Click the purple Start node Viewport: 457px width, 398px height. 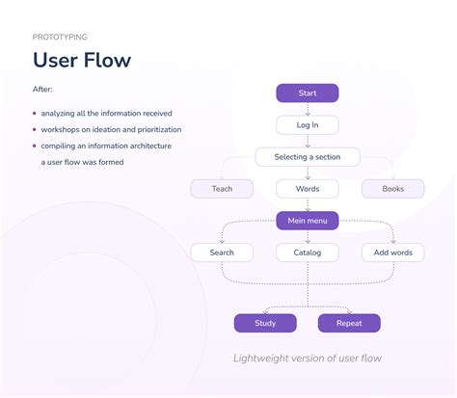click(308, 93)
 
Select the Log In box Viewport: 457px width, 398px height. click(308, 124)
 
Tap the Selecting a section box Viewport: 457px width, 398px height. click(308, 156)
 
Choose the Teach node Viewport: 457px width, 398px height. click(222, 189)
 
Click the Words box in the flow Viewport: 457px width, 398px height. click(308, 189)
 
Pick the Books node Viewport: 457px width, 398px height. click(392, 189)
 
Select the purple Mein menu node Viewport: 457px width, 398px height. click(308, 221)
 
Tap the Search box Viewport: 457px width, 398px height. click(222, 252)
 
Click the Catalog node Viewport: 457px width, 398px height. click(308, 252)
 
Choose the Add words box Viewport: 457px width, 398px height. click(392, 252)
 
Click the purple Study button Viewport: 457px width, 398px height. click(265, 323)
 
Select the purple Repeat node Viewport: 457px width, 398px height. click(349, 323)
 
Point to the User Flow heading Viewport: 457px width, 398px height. click(82, 61)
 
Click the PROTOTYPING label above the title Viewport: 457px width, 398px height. click(60, 37)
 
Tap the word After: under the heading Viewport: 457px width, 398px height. click(43, 91)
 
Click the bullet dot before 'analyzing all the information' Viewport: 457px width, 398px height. click(35, 114)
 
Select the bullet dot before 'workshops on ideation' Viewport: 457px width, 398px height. click(35, 130)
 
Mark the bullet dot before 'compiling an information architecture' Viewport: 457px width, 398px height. click(35, 146)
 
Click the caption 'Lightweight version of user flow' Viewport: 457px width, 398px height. click(308, 358)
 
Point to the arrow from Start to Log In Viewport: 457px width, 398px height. click(308, 109)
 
